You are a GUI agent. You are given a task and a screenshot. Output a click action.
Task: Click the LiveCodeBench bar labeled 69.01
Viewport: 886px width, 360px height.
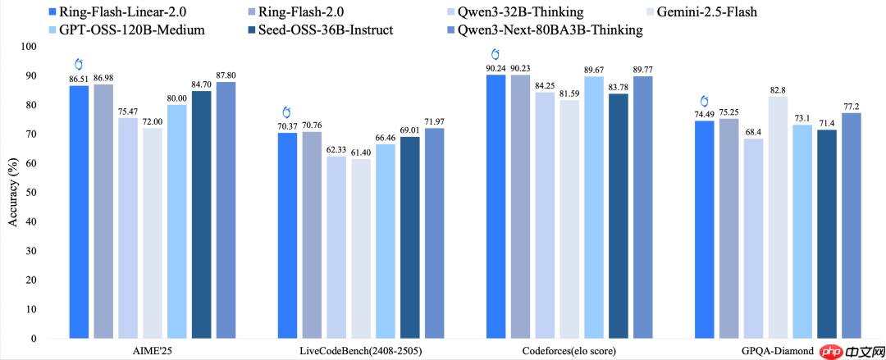(409, 238)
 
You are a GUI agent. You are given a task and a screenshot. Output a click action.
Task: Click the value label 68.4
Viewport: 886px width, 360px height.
(753, 132)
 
